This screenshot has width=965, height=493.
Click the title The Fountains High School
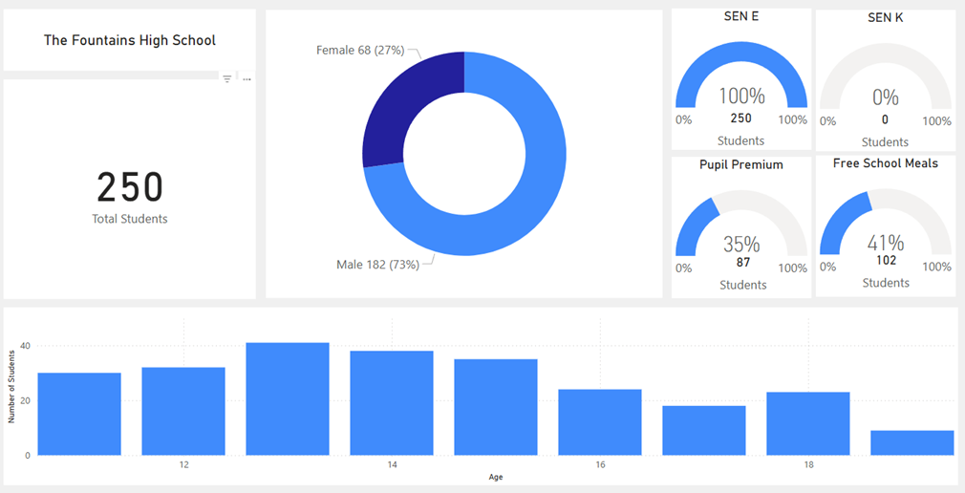pos(130,40)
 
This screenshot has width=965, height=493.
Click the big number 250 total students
pos(130,187)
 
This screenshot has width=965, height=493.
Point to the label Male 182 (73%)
pos(377,265)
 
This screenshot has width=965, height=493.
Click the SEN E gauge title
pos(741,17)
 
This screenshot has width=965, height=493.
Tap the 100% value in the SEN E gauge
pos(742,96)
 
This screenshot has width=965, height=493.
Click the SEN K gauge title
pos(886,17)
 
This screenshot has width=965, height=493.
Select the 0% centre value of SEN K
pos(886,97)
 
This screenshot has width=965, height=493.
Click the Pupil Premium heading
pos(741,164)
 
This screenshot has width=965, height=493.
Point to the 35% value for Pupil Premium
pos(741,245)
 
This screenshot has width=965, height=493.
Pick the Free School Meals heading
pos(886,163)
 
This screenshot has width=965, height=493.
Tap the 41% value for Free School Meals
pos(886,243)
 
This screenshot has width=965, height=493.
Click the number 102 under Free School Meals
pos(886,260)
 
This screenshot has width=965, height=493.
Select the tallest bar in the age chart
pos(288,399)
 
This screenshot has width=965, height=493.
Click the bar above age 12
pos(183,412)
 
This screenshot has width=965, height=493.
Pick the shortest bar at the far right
pos(911,443)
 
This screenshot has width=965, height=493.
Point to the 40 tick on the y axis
pos(26,346)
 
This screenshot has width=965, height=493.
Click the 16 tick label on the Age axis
pos(600,465)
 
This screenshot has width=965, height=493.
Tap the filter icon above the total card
pos(227,79)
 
